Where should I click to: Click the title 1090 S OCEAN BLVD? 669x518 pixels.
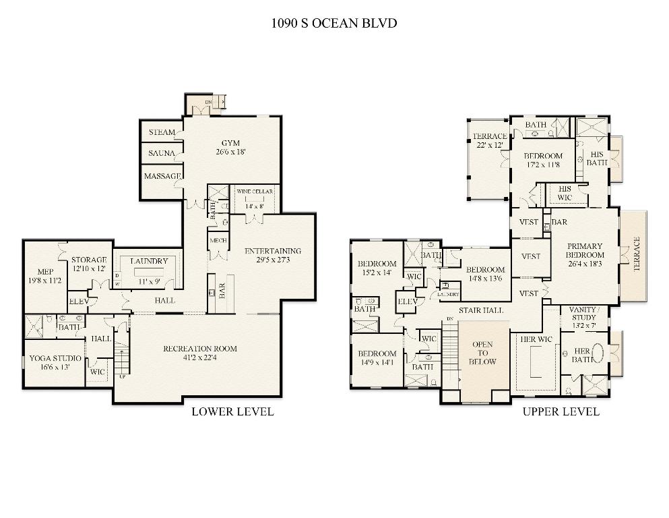coord(334,24)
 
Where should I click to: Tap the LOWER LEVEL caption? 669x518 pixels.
coord(232,411)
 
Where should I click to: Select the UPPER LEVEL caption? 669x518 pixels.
coord(561,411)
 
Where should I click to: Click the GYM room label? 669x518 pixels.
coord(231,142)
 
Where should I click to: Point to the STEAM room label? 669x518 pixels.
coord(162,132)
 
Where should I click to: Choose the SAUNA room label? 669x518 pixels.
coord(162,154)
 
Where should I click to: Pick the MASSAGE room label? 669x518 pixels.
coord(162,176)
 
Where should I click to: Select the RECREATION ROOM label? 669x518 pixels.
coord(200,349)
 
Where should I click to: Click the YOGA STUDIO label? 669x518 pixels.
coord(54,358)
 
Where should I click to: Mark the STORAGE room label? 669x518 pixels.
coord(90,260)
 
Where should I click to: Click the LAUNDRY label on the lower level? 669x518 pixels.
coord(149,261)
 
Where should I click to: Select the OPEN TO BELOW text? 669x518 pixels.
coord(482,353)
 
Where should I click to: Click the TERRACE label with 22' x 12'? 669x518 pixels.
coord(490,136)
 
